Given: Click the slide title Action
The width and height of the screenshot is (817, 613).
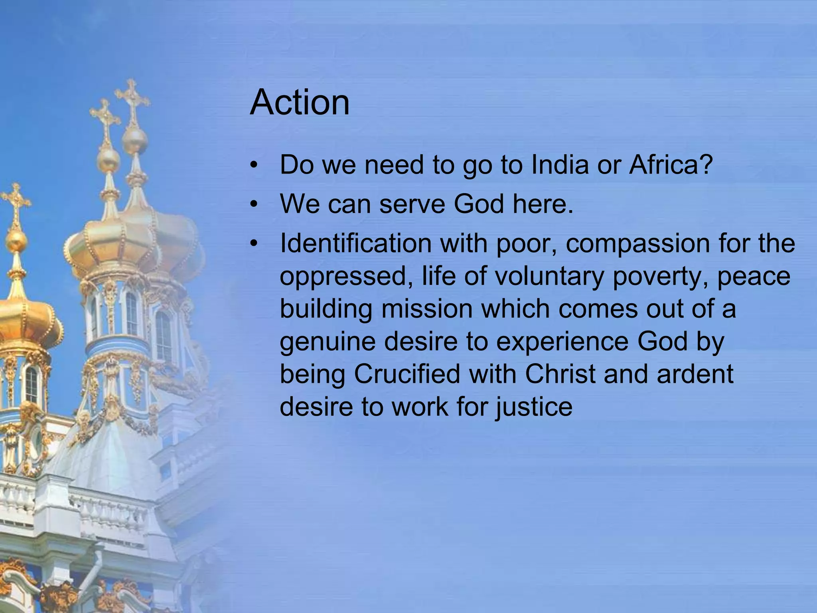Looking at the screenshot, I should (300, 103).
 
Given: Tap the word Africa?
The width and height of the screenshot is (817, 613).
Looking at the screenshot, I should (671, 165).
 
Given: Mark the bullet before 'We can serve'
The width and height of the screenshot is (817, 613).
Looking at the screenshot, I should (253, 205).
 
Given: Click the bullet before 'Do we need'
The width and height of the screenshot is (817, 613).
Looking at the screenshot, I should (253, 166).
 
